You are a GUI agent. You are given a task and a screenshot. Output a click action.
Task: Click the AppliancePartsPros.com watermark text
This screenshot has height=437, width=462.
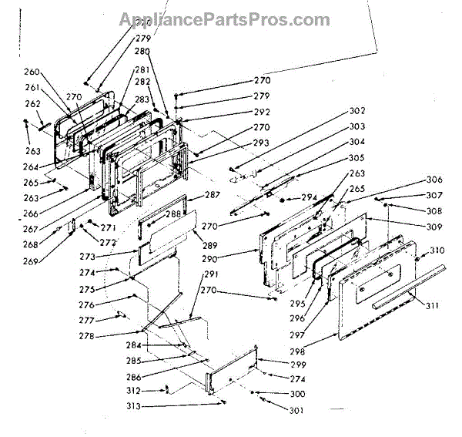[x=224, y=20]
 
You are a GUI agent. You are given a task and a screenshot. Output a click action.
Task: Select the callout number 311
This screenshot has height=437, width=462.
[x=433, y=306]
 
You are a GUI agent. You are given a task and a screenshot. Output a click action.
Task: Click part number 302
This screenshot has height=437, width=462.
[x=357, y=110]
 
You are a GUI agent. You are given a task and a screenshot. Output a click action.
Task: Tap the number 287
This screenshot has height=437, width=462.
[x=213, y=196]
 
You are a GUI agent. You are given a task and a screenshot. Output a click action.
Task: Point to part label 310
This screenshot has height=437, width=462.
[x=437, y=250]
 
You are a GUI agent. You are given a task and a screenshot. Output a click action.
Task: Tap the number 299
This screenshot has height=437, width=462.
[x=297, y=364]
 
